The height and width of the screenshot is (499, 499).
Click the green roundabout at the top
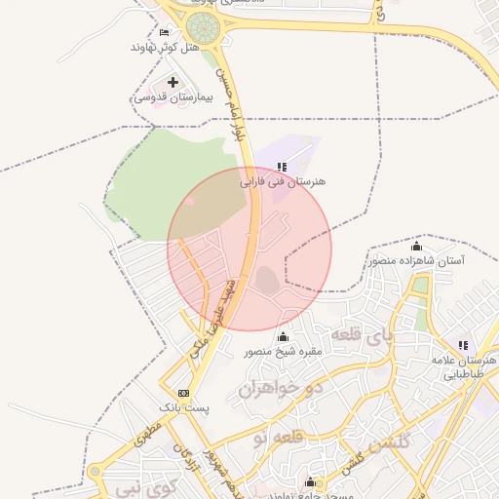[x=203, y=27]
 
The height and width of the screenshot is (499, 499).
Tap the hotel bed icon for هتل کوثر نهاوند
[x=163, y=32]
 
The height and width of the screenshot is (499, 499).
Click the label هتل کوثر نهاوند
[x=164, y=47]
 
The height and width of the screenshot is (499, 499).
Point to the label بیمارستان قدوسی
[x=172, y=97]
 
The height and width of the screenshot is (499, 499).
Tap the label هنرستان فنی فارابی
[x=283, y=181]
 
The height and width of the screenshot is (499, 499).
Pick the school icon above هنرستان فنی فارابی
[x=283, y=167]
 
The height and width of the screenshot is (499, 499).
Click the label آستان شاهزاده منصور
[x=416, y=260]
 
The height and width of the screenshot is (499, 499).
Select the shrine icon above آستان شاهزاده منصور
[x=417, y=246]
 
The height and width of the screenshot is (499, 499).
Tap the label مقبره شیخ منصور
[x=283, y=351]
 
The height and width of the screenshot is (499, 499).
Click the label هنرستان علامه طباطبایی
[x=463, y=366]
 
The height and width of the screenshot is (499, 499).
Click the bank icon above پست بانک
[x=183, y=393]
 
